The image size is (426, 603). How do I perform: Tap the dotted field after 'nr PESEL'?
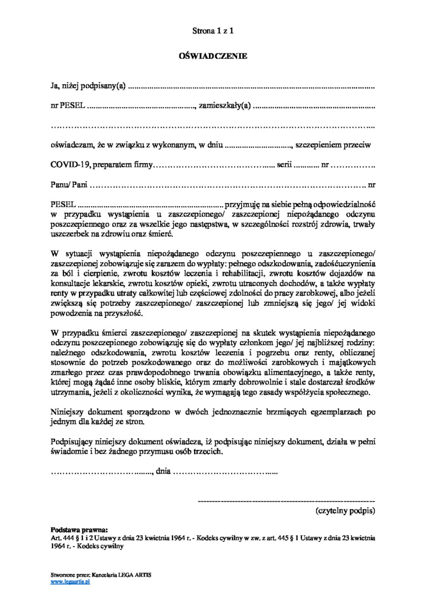point(141,107)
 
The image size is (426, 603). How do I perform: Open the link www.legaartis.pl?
point(70,581)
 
